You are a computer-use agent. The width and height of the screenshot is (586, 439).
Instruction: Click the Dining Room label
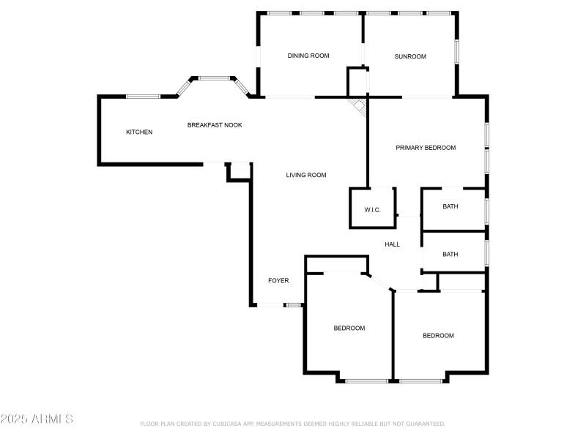click(308, 56)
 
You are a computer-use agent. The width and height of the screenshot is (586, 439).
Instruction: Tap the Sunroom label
click(410, 56)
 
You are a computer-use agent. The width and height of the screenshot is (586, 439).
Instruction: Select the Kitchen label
click(139, 132)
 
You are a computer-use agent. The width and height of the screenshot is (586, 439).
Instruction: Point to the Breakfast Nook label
click(215, 125)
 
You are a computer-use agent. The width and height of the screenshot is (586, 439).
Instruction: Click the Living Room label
click(306, 175)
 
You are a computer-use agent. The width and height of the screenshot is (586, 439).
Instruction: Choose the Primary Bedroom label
click(426, 148)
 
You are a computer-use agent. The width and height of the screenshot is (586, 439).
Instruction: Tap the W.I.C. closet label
click(373, 210)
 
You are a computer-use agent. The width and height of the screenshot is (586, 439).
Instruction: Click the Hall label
click(392, 244)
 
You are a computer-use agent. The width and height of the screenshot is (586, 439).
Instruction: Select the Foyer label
click(278, 280)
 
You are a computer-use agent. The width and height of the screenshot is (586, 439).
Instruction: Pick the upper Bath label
click(450, 206)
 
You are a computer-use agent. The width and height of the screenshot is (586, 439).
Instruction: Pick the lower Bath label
click(450, 255)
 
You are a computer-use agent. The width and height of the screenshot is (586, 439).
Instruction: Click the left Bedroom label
click(349, 328)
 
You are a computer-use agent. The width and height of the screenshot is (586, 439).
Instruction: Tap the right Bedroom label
click(438, 335)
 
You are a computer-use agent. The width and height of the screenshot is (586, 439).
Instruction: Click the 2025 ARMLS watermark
click(37, 419)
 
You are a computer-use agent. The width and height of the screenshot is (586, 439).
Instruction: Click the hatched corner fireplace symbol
click(358, 105)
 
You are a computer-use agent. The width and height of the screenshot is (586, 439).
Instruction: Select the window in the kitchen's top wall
click(144, 96)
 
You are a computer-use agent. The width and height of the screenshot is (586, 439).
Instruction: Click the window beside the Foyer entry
click(294, 304)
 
